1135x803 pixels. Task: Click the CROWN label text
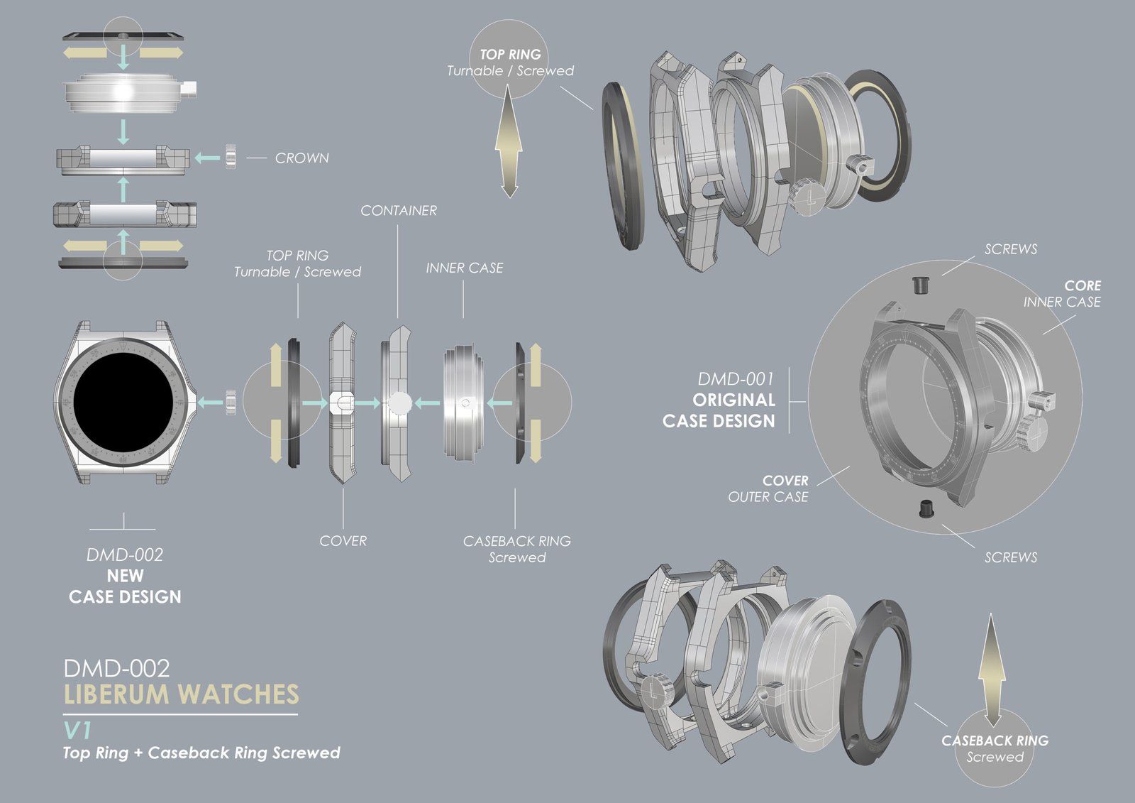coord(301,158)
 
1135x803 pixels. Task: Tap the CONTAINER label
coord(399,210)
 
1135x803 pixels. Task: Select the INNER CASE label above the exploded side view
coord(465,268)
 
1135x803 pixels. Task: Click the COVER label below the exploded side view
coord(343,540)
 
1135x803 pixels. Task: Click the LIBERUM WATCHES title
coord(181,694)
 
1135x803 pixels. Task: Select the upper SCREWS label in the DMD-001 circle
coord(1010,249)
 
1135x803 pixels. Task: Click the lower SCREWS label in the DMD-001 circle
coord(1010,557)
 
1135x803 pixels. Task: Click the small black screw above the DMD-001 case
coord(919,285)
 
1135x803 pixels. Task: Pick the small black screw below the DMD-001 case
coord(926,508)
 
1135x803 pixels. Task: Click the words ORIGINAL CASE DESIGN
coord(719,410)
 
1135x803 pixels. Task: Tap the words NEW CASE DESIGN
coord(125,586)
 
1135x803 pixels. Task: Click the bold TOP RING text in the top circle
coord(510,55)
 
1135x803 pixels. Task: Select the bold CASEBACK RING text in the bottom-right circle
coord(995,741)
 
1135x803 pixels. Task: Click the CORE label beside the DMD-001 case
coord(1083,285)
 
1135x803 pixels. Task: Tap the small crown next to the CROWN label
coord(231,157)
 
